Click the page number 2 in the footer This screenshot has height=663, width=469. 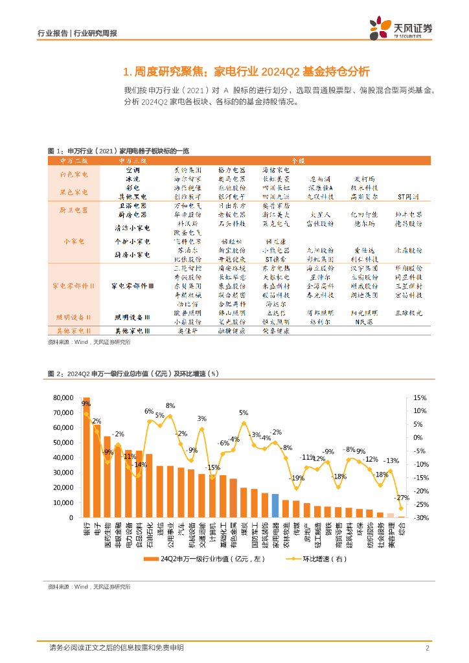[428, 647]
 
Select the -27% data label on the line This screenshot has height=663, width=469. [402, 498]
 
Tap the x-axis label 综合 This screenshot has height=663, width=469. [401, 528]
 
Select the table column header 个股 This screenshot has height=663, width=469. [297, 160]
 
